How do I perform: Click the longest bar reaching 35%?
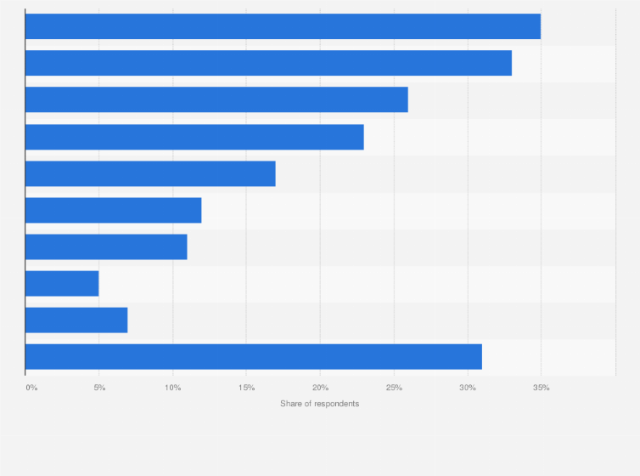(283, 26)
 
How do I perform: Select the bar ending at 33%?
(268, 63)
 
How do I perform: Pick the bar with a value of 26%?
(216, 99)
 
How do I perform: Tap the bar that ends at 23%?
(194, 137)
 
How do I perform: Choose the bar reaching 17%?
(150, 173)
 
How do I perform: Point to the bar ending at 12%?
(113, 210)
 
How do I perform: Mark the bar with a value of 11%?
(106, 246)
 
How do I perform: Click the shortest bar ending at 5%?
(62, 283)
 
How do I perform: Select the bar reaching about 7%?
(76, 320)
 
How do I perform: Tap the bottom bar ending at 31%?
(254, 356)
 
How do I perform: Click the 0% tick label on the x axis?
(31, 388)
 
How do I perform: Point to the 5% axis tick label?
(99, 388)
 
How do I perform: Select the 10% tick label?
(172, 388)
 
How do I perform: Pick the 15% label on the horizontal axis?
(246, 388)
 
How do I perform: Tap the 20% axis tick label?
(320, 388)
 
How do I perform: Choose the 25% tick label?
(394, 388)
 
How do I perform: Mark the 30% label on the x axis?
(468, 388)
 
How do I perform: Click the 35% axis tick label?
(542, 388)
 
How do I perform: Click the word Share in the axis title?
(291, 403)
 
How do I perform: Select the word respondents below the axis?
(336, 403)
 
